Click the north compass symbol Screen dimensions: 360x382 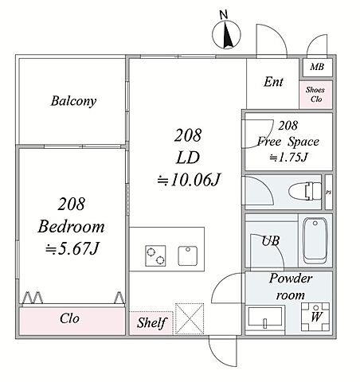tap(226, 34)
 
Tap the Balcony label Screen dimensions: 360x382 tap(73, 101)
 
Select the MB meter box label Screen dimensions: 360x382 tap(317, 67)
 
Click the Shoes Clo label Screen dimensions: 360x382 tap(315, 95)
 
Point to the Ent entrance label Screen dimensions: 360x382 tap(273, 82)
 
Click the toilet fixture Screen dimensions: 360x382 tap(305, 191)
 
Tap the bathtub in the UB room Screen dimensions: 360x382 tap(315, 240)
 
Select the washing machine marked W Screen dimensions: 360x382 tap(315, 317)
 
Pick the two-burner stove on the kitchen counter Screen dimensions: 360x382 tap(155, 255)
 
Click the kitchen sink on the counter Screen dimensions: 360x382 tap(188, 256)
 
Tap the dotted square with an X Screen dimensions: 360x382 tap(190, 319)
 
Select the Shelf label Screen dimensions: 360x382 tap(151, 323)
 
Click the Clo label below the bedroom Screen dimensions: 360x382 tap(69, 318)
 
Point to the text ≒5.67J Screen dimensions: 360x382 tap(72, 248)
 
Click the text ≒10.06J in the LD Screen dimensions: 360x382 tap(188, 180)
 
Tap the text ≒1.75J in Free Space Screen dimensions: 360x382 tap(288, 158)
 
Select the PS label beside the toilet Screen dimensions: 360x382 tap(329, 193)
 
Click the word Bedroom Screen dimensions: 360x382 tap(71, 227)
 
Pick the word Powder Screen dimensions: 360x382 tap(291, 279)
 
